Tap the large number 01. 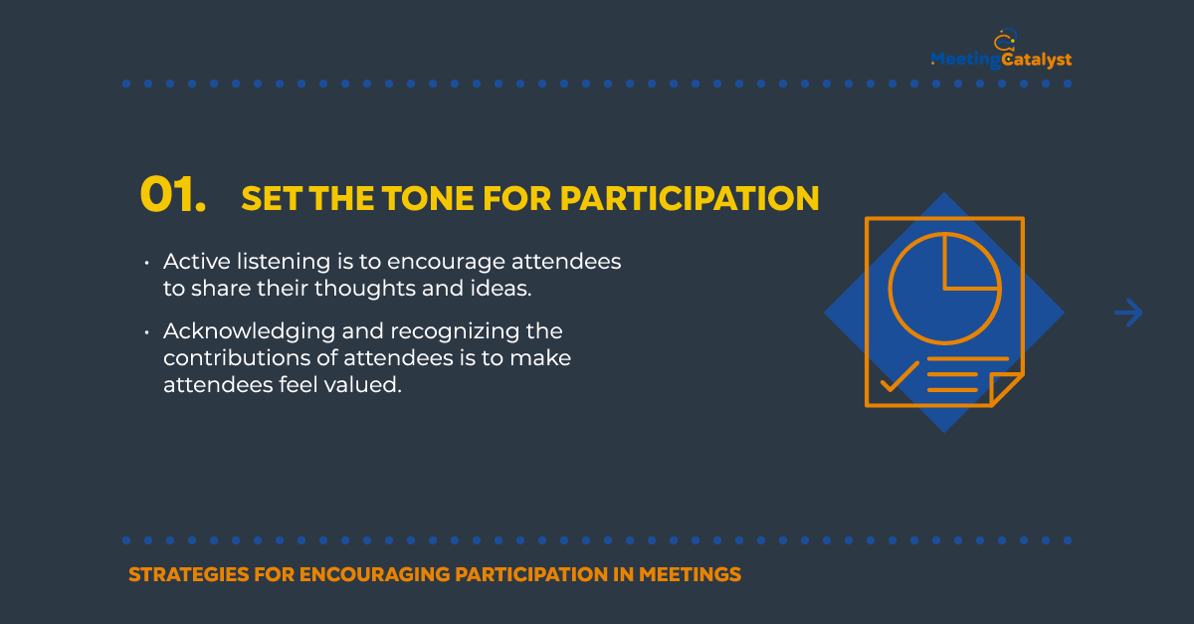(173, 195)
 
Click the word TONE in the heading (428, 198)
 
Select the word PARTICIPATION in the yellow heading (690, 198)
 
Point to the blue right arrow (1128, 312)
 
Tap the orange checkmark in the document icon (899, 376)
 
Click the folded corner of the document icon (1006, 389)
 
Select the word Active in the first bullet (197, 262)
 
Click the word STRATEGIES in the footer (189, 574)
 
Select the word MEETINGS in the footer (690, 574)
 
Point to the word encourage (446, 263)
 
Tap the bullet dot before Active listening (146, 263)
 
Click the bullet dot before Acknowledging (146, 332)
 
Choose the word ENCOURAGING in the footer (374, 574)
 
